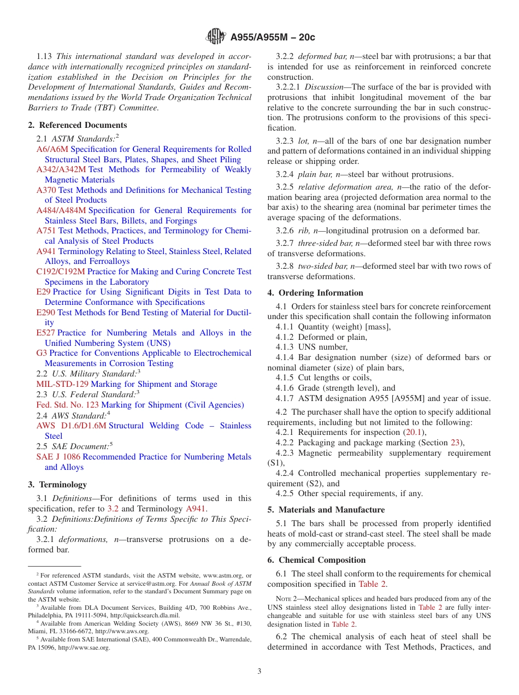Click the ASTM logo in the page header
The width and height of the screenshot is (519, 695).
point(215,37)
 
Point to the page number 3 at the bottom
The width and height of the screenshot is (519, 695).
point(259,671)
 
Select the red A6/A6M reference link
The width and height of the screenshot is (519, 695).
point(52,149)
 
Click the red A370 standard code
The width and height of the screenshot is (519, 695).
point(46,190)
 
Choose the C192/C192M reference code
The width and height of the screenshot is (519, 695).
point(61,272)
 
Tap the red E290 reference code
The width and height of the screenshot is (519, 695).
point(45,313)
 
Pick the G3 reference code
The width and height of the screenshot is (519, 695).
point(42,353)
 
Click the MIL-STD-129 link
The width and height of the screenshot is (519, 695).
point(62,384)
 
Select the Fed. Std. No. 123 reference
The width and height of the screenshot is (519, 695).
point(67,405)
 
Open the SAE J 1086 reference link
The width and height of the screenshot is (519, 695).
point(58,457)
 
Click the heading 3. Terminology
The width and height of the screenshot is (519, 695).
point(57,485)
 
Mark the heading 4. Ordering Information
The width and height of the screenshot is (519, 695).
point(315,293)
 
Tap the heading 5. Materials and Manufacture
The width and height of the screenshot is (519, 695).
point(326,510)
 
